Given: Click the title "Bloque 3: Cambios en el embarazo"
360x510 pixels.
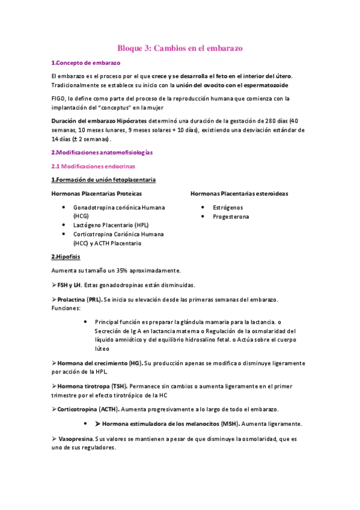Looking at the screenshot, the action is point(180,48).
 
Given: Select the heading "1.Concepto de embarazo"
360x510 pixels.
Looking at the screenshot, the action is point(85,63).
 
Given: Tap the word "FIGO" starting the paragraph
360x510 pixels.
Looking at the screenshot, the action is point(59,98).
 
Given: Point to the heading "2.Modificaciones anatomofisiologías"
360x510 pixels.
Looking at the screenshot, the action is point(102,153).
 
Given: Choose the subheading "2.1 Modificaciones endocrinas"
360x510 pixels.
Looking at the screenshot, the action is point(93,165).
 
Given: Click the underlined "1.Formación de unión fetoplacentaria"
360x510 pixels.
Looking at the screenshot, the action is point(103,179).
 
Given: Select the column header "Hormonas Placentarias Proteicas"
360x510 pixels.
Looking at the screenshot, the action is point(96,194).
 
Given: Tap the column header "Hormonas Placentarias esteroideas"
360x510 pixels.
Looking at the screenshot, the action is point(239,194).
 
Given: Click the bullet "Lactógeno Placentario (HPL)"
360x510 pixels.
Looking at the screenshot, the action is point(108,225).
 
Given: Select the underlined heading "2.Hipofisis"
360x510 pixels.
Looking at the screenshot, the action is point(66,257).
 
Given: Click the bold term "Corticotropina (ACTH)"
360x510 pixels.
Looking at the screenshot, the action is point(88,409).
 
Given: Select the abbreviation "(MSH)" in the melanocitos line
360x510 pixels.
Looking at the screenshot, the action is point(231,423).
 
